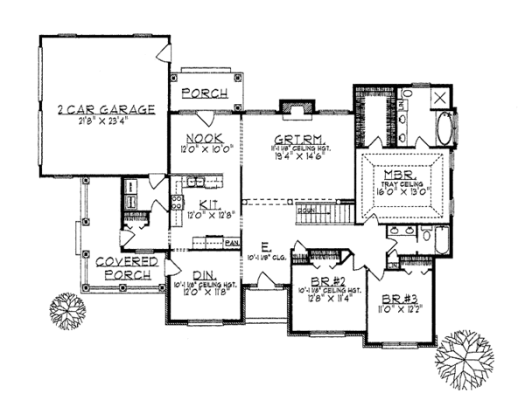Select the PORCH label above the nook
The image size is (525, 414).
(204, 93)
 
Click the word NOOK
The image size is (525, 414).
(203, 137)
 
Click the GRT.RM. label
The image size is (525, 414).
(290, 139)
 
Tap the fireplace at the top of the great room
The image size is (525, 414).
(290, 107)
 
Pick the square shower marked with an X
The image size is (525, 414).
(439, 98)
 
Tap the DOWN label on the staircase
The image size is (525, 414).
(306, 211)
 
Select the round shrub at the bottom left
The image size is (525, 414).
(66, 309)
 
